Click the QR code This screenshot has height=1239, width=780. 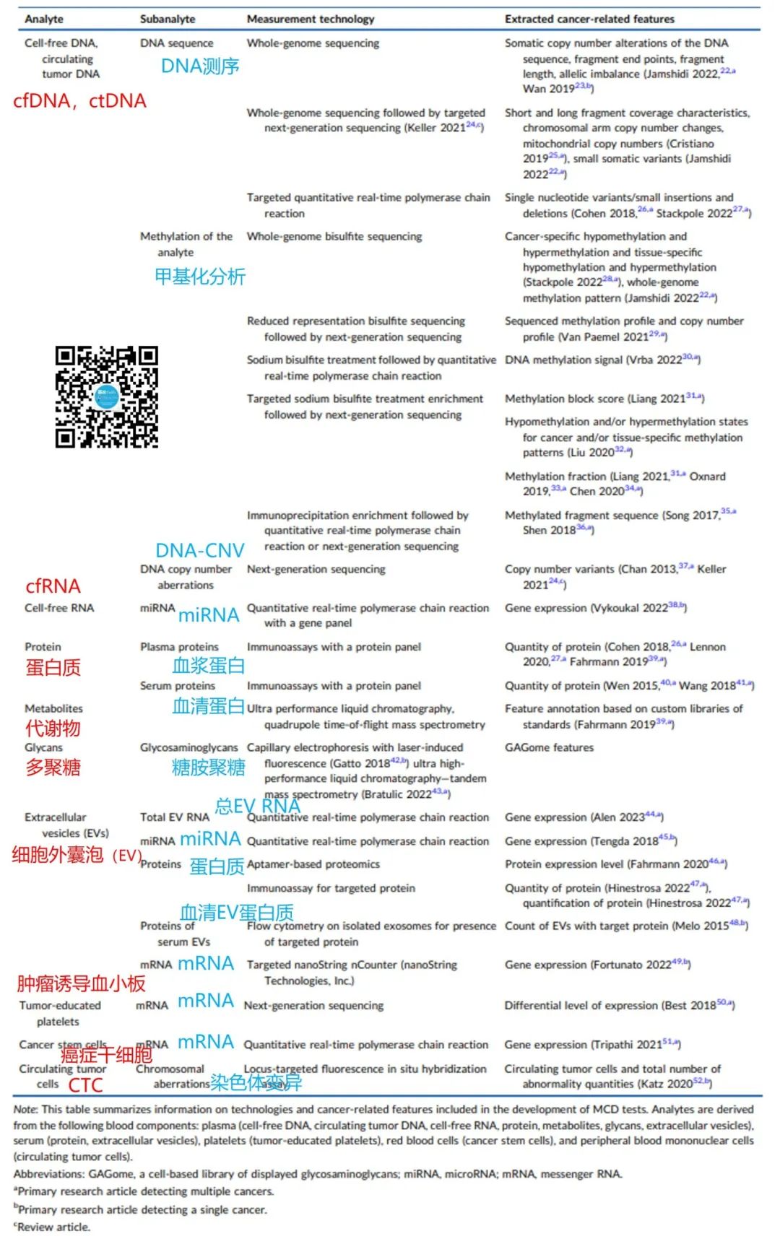coord(107,396)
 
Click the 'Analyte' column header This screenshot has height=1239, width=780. coord(44,19)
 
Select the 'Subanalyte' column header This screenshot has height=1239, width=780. coord(168,19)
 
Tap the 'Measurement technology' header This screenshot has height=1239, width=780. coord(311,19)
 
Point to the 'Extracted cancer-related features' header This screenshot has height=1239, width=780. coord(589,19)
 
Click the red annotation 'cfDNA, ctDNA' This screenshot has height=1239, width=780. coord(79,101)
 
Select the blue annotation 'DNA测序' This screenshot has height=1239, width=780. coord(200,66)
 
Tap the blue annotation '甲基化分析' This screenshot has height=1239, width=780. coord(200,277)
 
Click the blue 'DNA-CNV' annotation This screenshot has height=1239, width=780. coord(200,550)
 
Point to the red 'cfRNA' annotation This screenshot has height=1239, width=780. coord(53,586)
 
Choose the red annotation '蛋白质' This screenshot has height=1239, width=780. coord(53,667)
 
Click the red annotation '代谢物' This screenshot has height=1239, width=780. coord(53,728)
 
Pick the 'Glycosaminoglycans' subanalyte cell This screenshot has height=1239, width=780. coord(188,747)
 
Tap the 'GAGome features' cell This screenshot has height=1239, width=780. coord(549,747)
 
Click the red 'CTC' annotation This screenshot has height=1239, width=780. coord(86,1085)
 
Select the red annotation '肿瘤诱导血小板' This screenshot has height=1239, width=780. coord(81,983)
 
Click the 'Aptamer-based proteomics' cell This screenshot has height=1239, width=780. coord(313,864)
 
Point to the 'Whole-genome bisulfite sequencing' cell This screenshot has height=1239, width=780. coord(334,236)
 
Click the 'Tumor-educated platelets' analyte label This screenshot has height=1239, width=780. coord(59,1013)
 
